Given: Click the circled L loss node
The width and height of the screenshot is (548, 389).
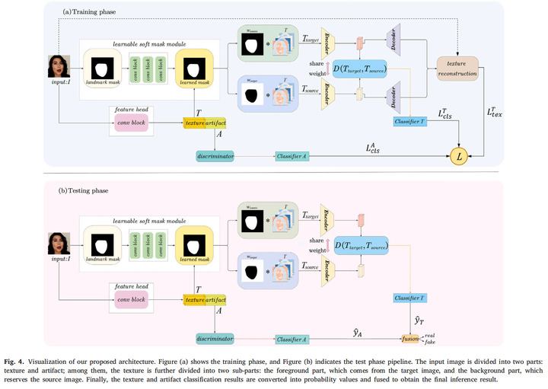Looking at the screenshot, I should click(459, 156).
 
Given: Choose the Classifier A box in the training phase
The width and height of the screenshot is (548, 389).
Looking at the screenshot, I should click(295, 156).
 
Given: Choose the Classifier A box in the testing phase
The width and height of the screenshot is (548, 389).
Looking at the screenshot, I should click(295, 336).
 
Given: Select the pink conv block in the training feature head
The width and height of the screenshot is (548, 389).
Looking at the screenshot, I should click(130, 122).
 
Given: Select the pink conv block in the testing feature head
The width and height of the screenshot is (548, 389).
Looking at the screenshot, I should click(130, 300).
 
